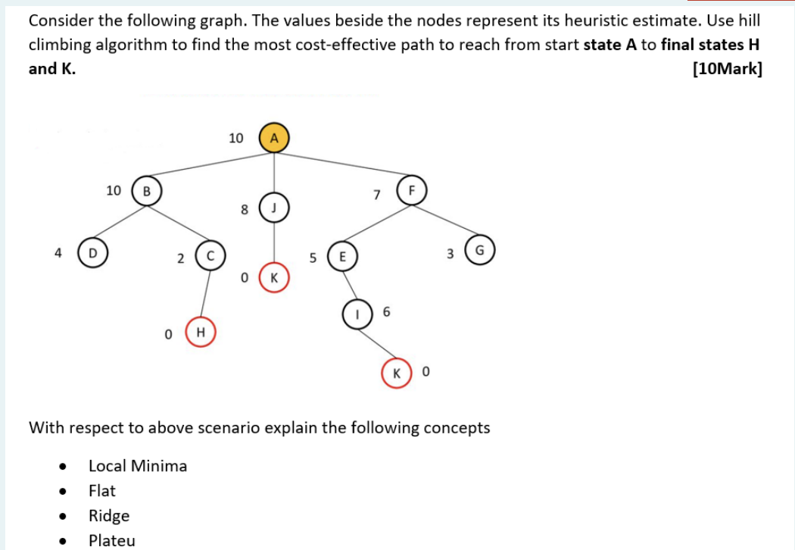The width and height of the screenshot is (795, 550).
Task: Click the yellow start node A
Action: coord(274,138)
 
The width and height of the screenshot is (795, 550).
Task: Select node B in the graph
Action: coord(147,191)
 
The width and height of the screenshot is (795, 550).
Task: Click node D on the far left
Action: coord(92,252)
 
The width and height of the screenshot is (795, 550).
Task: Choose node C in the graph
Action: coord(210,257)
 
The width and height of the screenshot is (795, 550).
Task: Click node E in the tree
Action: coord(342,257)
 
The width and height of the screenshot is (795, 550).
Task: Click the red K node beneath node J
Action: coord(274,278)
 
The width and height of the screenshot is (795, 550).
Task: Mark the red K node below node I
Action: coord(396,373)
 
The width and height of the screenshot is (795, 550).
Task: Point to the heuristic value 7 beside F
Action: coord(376,195)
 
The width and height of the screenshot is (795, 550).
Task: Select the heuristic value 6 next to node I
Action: coord(386,311)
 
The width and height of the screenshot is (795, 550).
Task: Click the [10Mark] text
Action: coord(727,69)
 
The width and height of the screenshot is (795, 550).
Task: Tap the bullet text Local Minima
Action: coord(138,466)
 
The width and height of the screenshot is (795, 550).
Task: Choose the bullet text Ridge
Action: coord(109,516)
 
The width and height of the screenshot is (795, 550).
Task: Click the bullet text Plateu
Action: coord(112,540)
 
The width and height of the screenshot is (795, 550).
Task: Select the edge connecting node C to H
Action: coord(205,294)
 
